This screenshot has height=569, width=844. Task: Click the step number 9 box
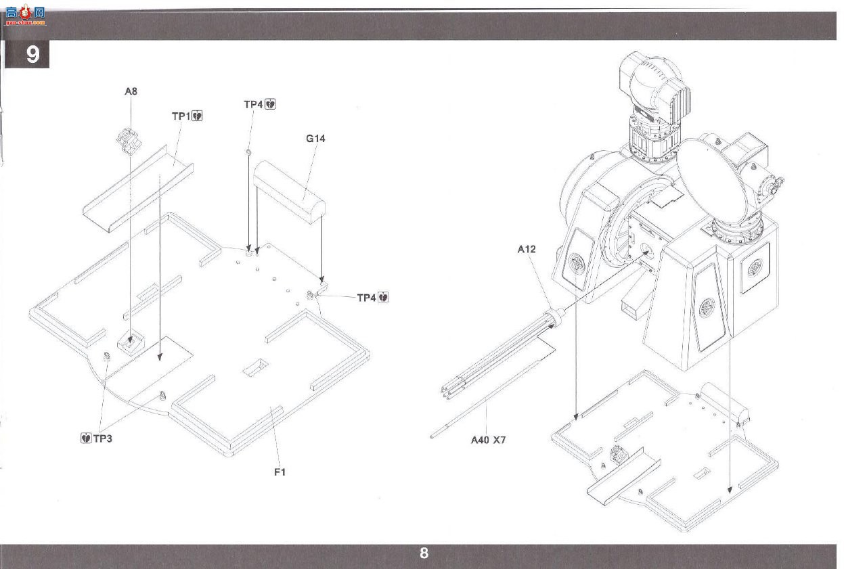(27, 54)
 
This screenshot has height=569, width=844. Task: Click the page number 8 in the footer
(424, 553)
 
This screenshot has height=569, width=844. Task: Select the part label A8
(131, 91)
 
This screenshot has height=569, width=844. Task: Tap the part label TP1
(181, 116)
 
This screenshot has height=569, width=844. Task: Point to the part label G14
(315, 139)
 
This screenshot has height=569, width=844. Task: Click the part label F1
(280, 472)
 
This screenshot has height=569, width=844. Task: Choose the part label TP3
(102, 438)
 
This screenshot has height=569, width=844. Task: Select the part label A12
(527, 249)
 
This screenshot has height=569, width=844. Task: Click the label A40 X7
(488, 440)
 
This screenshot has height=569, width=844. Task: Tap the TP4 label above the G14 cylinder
(253, 104)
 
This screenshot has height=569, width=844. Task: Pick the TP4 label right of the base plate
(367, 298)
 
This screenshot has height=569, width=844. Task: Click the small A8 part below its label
(129, 141)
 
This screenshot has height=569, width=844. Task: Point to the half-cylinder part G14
(290, 192)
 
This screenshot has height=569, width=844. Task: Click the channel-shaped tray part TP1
(138, 188)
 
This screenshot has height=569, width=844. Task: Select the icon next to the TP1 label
(197, 116)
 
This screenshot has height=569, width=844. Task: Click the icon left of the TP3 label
(86, 438)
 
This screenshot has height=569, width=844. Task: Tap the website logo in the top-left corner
(25, 15)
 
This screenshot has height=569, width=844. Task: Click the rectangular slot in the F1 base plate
(256, 367)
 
